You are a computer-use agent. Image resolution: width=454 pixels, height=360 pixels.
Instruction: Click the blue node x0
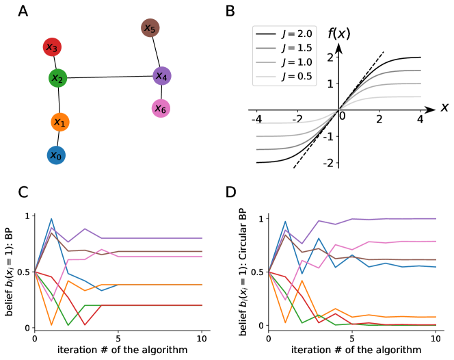(56, 155)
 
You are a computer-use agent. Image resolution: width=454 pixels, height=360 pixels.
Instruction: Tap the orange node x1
(60, 123)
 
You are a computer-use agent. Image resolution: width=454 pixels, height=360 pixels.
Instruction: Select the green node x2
(58, 78)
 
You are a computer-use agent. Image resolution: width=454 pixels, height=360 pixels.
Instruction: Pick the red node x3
(52, 47)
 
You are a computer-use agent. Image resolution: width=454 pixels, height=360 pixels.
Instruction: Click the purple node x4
(161, 75)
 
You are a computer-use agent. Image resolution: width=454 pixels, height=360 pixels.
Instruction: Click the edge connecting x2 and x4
(109, 77)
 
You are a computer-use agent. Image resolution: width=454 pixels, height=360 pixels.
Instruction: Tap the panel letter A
(23, 12)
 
